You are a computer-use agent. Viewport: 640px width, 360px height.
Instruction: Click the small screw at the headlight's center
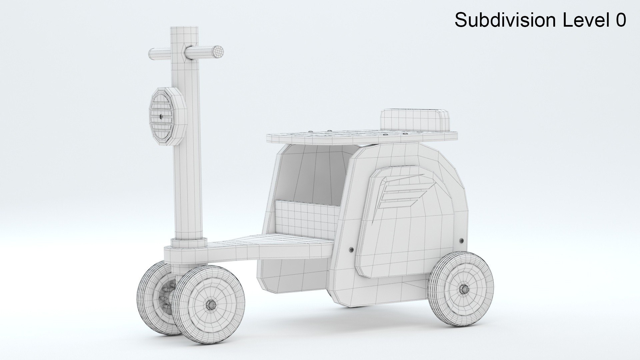161,116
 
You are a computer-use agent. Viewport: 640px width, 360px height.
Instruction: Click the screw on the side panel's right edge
462,240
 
